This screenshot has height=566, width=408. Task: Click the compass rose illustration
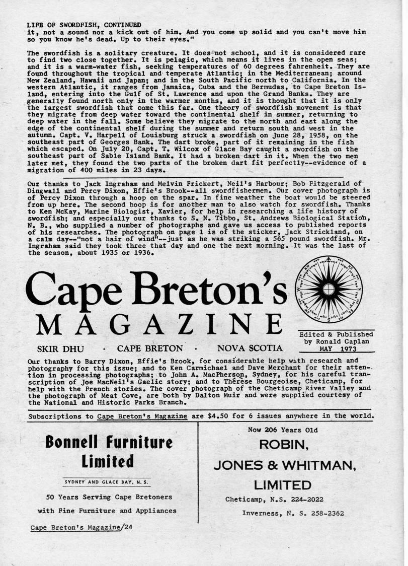329,289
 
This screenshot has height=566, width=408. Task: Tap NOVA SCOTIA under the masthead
250,348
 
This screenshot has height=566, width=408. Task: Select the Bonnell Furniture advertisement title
108,452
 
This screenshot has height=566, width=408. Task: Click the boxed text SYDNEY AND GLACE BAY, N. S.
108,482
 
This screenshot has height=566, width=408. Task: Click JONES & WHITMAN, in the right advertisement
285,466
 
